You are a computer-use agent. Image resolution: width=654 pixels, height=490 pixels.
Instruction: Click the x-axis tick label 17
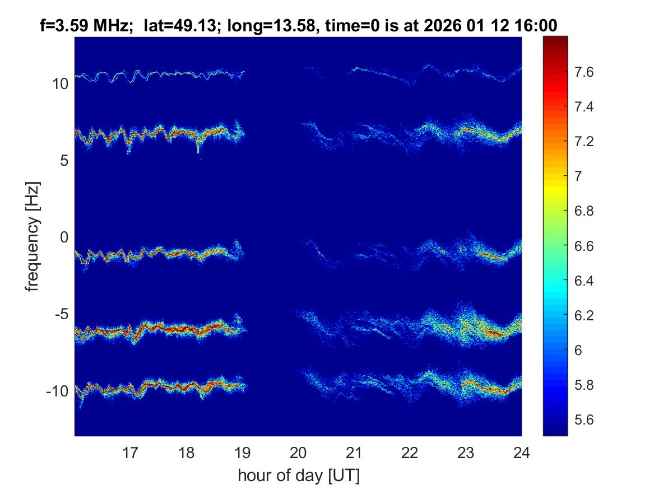131,452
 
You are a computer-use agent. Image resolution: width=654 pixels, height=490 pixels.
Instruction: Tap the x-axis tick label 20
298,452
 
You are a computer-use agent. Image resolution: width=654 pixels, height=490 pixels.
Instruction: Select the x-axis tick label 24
522,452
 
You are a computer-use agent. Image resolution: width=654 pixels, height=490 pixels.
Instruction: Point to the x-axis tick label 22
410,452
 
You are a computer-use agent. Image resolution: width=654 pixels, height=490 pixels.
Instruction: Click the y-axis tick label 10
59,84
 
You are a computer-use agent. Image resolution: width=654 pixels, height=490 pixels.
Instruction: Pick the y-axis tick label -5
61,314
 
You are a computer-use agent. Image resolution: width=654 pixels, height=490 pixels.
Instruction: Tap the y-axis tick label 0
64,237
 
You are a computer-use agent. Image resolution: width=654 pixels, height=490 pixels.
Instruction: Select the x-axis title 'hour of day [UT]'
298,476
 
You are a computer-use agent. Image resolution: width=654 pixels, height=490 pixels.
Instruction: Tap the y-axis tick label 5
64,161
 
